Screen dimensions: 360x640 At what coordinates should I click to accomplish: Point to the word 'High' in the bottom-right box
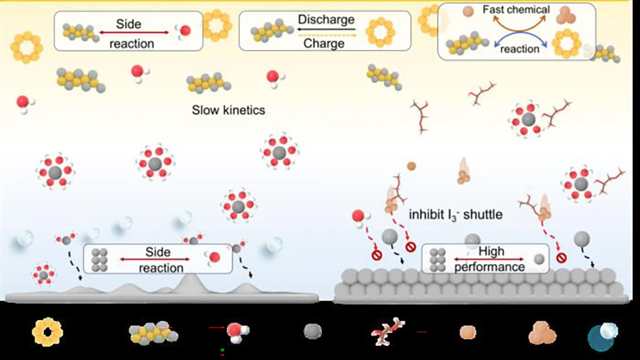(x=491, y=251)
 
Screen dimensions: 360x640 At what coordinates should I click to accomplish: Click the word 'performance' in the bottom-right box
(x=491, y=267)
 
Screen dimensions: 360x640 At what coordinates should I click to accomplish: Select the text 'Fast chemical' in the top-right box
(x=516, y=10)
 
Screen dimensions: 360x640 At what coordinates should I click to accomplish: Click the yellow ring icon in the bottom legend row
(x=47, y=332)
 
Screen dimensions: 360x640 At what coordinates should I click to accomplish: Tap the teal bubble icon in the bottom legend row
(x=602, y=336)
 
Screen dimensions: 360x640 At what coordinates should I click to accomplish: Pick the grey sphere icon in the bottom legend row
(x=313, y=331)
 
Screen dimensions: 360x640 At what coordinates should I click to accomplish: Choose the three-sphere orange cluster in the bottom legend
(x=543, y=333)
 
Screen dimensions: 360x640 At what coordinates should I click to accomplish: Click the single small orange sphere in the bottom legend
(x=467, y=332)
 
